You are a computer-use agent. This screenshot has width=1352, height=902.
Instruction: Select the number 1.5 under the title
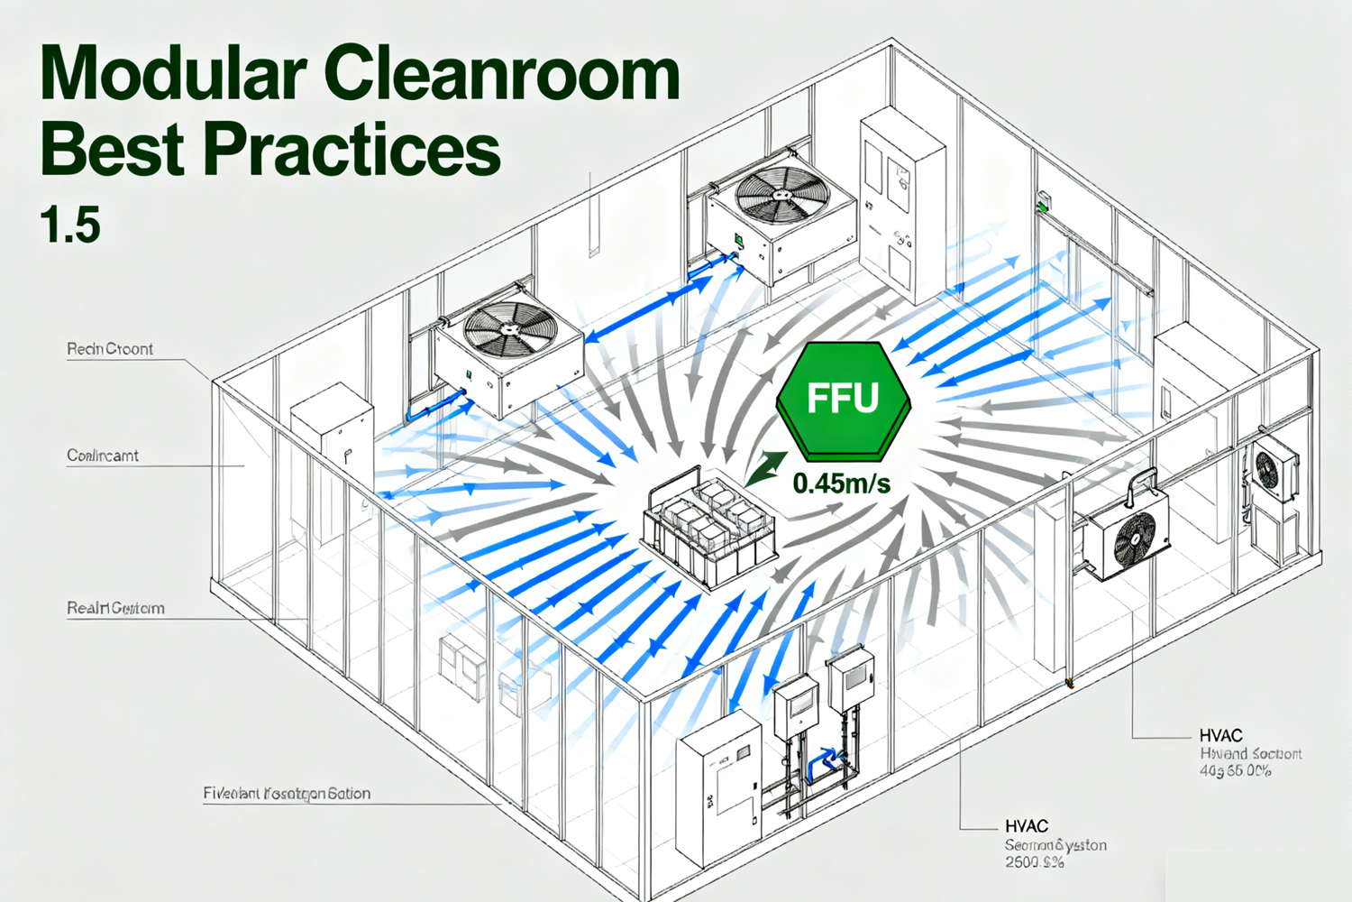[70, 225]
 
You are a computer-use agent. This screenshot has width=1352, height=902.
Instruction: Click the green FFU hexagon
[843, 398]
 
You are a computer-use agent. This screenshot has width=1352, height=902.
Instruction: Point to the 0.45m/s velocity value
[842, 484]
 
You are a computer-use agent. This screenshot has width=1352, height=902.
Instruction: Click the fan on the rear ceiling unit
[781, 195]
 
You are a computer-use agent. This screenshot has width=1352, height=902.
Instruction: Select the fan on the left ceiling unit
[510, 327]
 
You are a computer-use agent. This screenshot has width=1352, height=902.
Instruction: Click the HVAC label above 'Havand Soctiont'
[1220, 736]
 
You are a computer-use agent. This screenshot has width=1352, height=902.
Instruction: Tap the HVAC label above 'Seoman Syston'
[1027, 826]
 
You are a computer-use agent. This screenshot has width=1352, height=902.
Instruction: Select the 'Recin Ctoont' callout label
[110, 349]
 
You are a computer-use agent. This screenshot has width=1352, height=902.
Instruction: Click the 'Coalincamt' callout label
[103, 456]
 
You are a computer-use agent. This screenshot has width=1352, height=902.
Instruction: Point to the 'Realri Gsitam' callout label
[115, 608]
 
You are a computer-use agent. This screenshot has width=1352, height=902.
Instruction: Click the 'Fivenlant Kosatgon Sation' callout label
[287, 794]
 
